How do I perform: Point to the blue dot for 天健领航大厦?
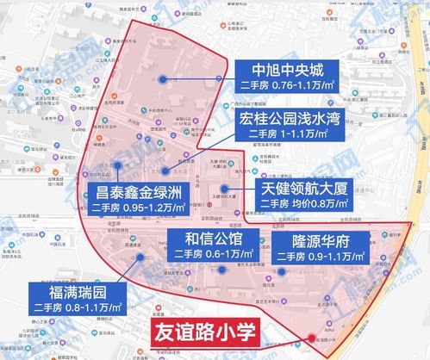(x=224, y=187)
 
